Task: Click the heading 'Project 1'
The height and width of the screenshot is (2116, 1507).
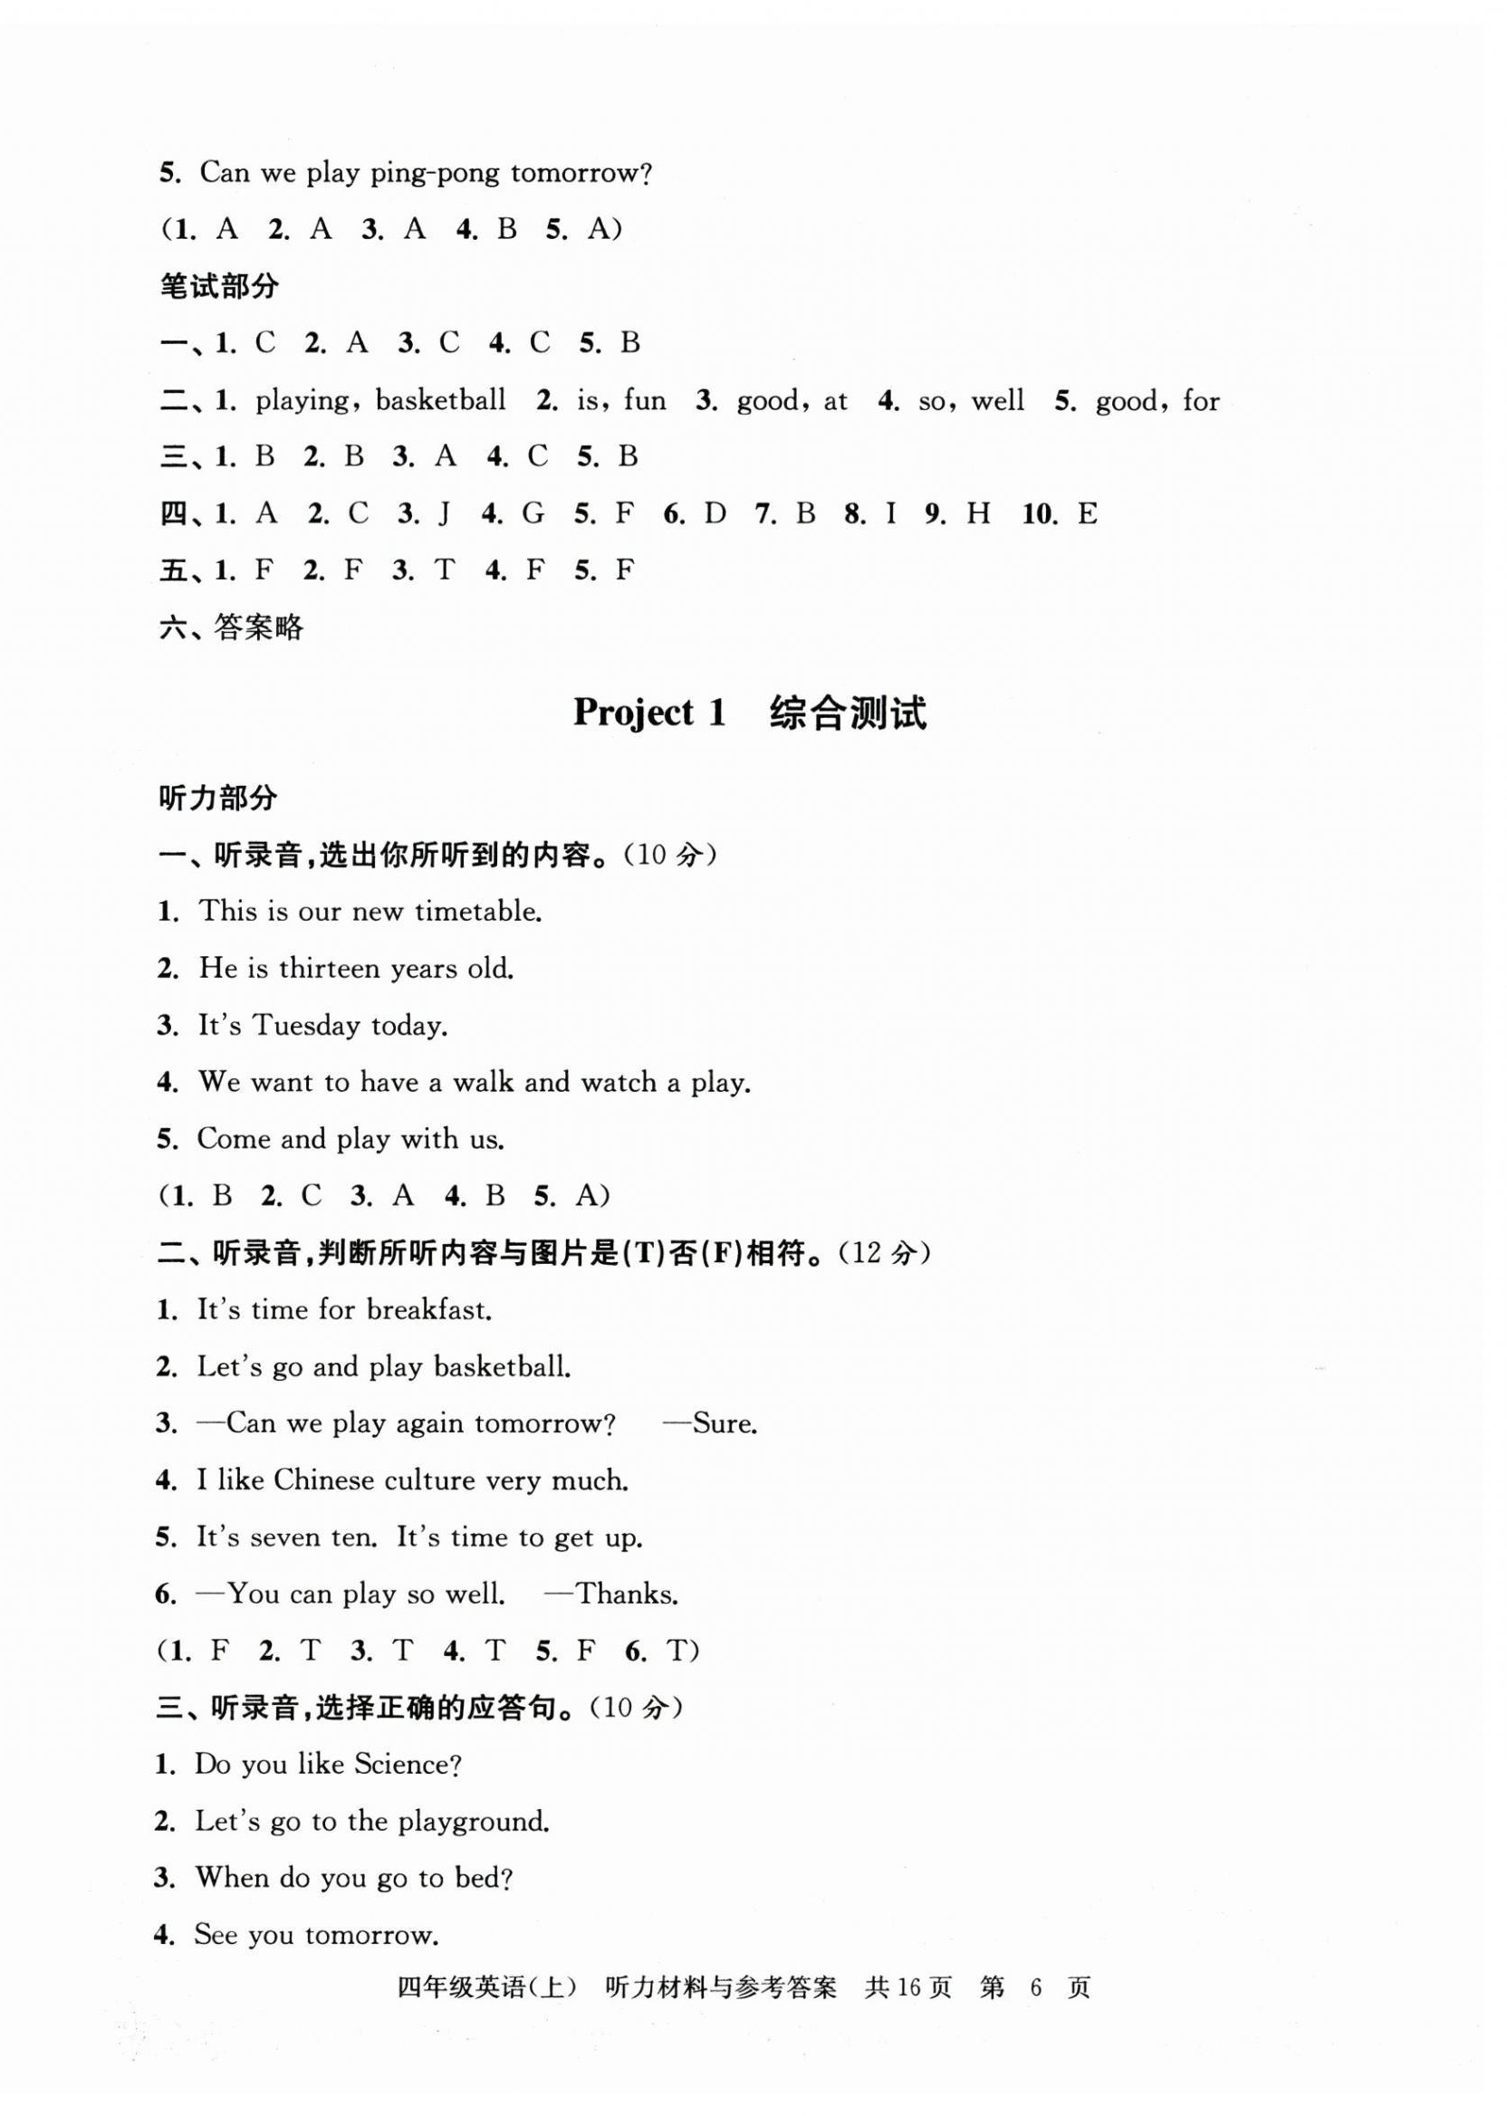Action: (648, 713)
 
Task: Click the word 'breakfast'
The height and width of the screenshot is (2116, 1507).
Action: (428, 1310)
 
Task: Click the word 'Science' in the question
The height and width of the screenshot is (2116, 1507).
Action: (407, 1764)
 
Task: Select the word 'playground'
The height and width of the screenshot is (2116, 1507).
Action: (474, 1821)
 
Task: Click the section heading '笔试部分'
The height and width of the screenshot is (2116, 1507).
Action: (219, 287)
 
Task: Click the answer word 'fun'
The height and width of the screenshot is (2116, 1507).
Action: (645, 401)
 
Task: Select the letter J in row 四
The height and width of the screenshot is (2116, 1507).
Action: (446, 513)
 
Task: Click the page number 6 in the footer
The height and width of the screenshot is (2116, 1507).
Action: (1037, 1987)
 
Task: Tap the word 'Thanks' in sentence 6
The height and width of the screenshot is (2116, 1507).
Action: (628, 1594)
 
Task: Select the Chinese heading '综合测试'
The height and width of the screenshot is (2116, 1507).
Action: (847, 713)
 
